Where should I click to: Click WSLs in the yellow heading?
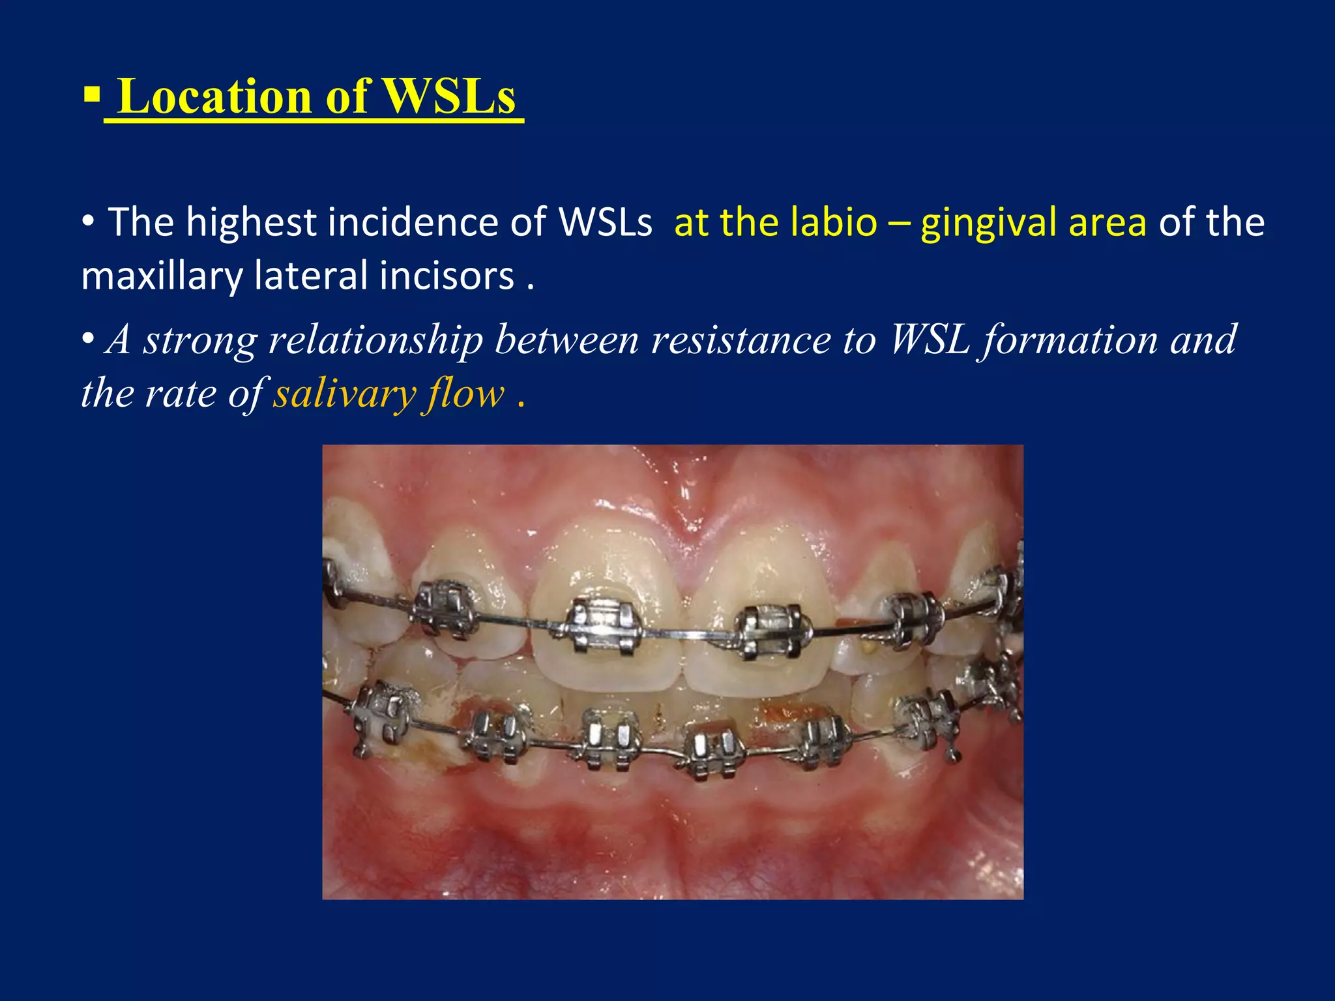449,96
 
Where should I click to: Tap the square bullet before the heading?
91,97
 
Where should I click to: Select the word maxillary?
161,276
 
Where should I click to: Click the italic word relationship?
375,340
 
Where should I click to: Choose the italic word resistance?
741,340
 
